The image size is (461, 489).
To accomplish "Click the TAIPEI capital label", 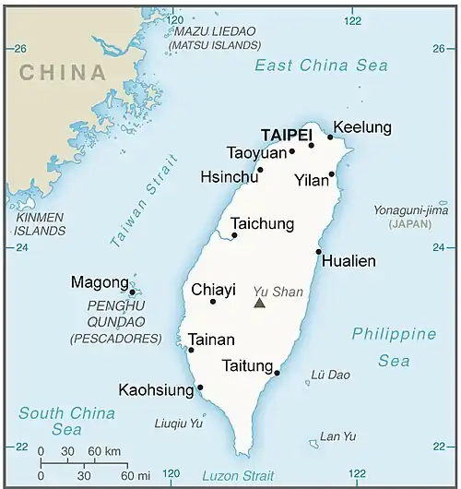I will click(x=287, y=134).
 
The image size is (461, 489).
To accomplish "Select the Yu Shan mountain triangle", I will click(x=260, y=302).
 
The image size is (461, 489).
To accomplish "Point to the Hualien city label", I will click(x=349, y=261).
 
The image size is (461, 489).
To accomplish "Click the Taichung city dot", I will click(x=234, y=235).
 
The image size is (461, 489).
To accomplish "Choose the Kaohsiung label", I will click(x=156, y=389).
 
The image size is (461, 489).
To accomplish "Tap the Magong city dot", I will click(x=132, y=292).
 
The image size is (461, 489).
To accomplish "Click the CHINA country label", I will click(x=63, y=73).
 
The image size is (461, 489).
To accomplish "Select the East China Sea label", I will click(x=321, y=66).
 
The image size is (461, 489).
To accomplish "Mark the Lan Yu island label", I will click(x=337, y=436).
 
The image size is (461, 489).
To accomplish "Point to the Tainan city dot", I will click(x=191, y=350).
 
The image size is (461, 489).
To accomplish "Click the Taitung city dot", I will click(x=278, y=374).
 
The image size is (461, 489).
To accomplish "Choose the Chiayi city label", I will click(x=213, y=290).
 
